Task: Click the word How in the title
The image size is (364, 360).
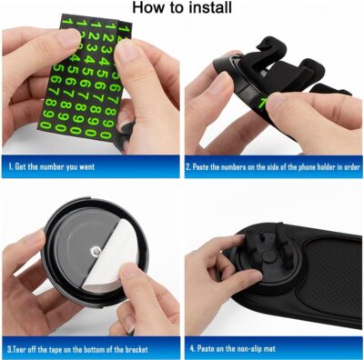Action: point(149,8)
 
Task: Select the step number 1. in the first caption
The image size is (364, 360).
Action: point(12,168)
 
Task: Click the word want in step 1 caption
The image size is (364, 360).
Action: point(108,168)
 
